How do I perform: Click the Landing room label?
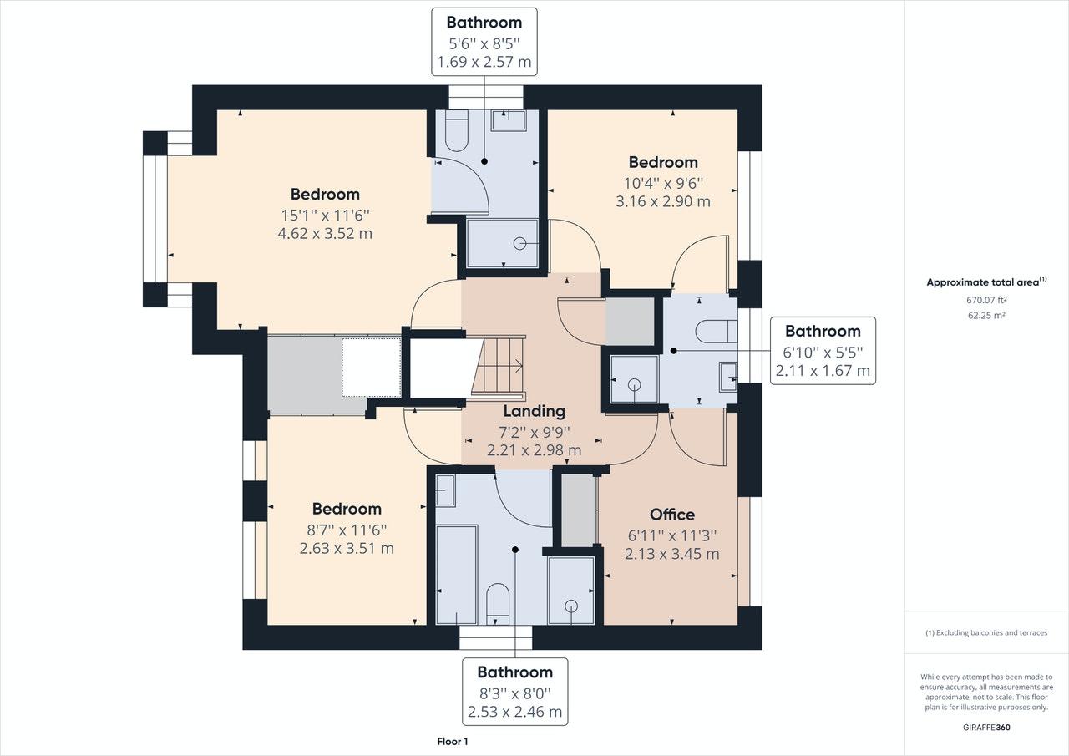(534, 411)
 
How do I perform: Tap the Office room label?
(672, 515)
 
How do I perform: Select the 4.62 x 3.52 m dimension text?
(325, 233)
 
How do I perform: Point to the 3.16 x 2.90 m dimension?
(663, 201)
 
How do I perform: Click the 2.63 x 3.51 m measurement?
(347, 548)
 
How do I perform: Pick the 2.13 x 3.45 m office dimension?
(672, 554)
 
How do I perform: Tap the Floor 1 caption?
(453, 741)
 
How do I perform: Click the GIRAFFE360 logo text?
(986, 728)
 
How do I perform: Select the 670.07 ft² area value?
(986, 300)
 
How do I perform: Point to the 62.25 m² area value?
(986, 316)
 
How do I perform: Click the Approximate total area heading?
(986, 282)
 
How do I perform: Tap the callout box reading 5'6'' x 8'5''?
(484, 42)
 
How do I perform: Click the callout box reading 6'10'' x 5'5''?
(823, 350)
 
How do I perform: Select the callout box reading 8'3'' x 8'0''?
(515, 692)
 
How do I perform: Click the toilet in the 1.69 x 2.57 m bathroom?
(457, 130)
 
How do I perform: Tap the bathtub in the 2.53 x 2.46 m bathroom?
(457, 575)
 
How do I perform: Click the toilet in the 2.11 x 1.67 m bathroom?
(717, 332)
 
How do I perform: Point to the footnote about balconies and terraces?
(986, 633)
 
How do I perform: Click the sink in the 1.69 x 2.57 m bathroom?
(509, 120)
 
